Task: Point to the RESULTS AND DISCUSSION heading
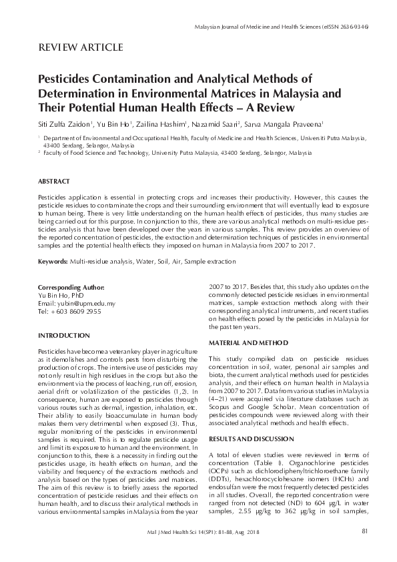(x=251, y=439)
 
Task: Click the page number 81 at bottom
(x=364, y=549)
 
